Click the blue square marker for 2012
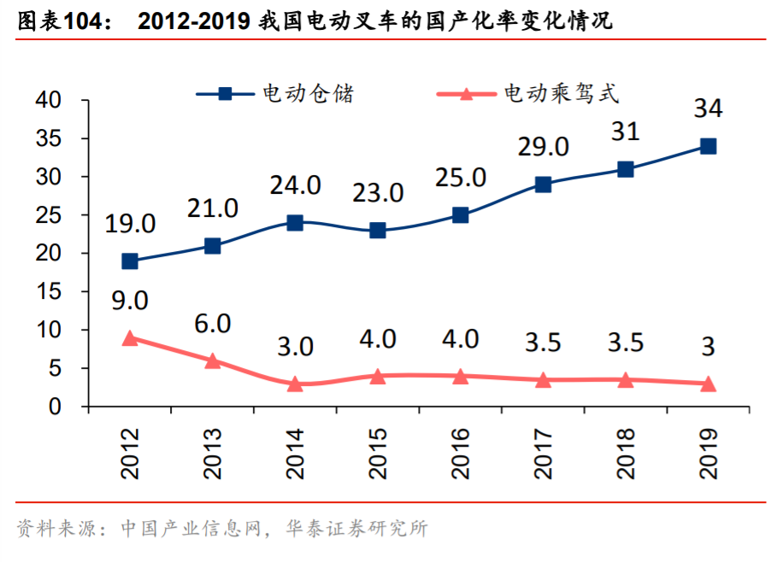click(130, 261)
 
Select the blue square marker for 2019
click(708, 146)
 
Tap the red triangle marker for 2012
click(130, 338)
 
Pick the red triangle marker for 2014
click(295, 383)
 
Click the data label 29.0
click(543, 146)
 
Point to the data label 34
click(708, 108)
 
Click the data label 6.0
click(213, 323)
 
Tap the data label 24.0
click(295, 185)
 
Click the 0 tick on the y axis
click(56, 407)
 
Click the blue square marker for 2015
click(378, 231)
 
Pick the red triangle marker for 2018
click(626, 380)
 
